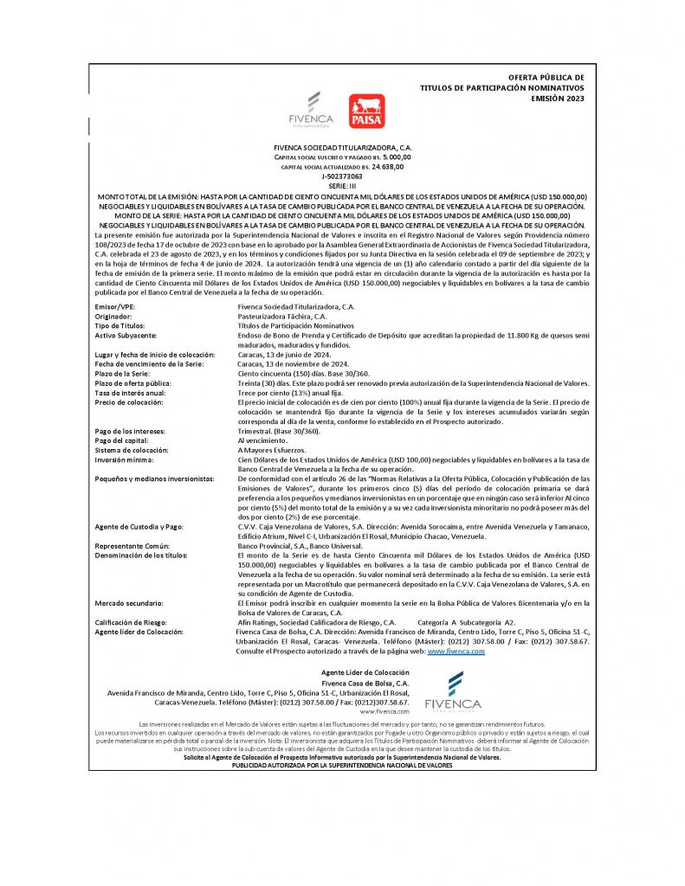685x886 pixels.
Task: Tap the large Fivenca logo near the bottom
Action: [452, 691]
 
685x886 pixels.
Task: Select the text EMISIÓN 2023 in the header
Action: [557, 99]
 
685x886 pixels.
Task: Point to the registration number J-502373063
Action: [342, 176]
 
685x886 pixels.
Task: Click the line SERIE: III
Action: [342, 186]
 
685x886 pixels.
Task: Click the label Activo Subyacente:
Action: [126, 333]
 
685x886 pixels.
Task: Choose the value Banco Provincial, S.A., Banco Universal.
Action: [300, 547]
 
